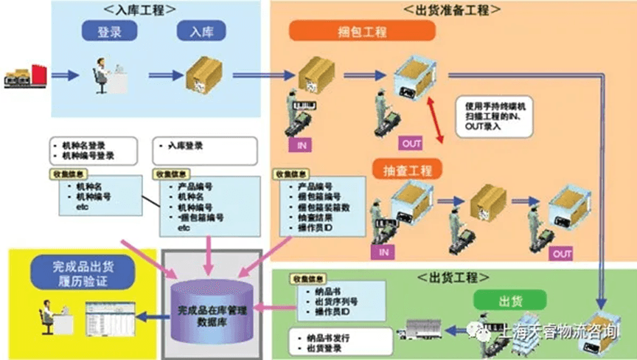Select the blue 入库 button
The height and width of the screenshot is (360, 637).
[x=200, y=33]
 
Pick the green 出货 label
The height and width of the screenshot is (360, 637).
[x=509, y=300]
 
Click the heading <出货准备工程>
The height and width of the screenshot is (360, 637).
[x=453, y=10]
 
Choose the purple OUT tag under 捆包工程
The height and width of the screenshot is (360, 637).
[x=411, y=142]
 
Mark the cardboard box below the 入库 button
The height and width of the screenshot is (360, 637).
[x=202, y=75]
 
